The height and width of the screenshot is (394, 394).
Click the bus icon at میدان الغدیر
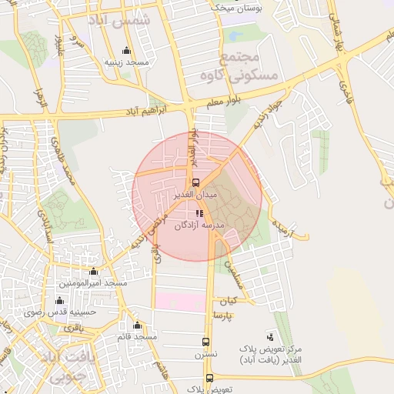click(x=195, y=182)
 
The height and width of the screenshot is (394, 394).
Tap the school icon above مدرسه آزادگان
click(x=199, y=213)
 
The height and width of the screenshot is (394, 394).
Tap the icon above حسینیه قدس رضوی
click(x=60, y=301)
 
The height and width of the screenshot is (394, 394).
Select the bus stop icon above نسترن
click(x=205, y=342)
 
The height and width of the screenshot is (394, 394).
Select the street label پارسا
click(x=225, y=316)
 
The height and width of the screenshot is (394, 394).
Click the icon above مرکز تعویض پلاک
click(x=270, y=336)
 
